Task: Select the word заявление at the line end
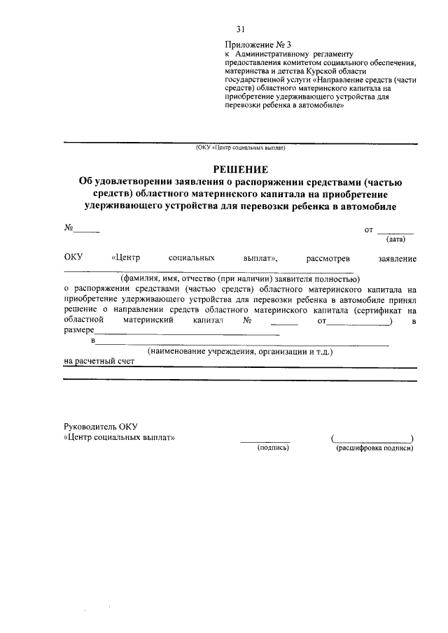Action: click(397, 259)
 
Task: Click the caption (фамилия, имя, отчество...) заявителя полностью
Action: click(239, 277)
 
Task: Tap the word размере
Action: click(78, 331)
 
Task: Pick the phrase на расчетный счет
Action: click(98, 362)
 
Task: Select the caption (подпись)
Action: click(273, 447)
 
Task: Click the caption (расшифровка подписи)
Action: click(374, 447)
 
